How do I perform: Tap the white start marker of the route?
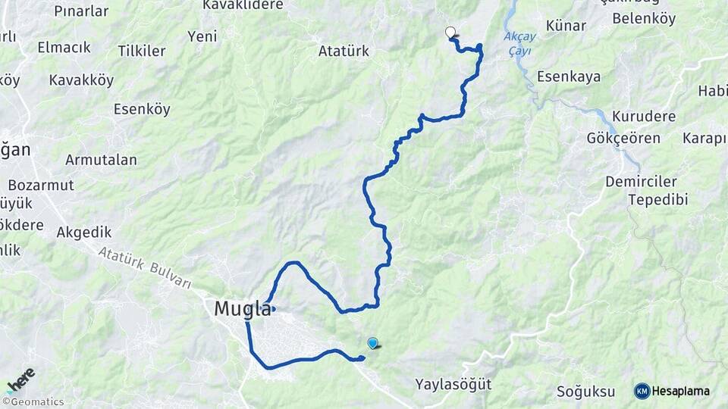click(x=450, y=33)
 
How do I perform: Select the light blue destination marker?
click(x=372, y=343)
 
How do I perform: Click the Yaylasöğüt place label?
click(x=453, y=384)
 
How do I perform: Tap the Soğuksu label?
click(x=586, y=392)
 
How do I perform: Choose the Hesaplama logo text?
click(x=681, y=391)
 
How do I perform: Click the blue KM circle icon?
click(x=642, y=391)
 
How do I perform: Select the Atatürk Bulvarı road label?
click(x=145, y=268)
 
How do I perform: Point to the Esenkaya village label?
click(x=569, y=76)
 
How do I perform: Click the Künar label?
click(x=566, y=26)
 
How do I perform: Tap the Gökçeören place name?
click(x=623, y=139)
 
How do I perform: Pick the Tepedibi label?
click(x=657, y=199)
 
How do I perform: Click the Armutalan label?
click(x=101, y=160)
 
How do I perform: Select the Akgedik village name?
click(x=84, y=233)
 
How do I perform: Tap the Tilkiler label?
click(x=142, y=52)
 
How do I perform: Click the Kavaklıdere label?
click(x=243, y=5)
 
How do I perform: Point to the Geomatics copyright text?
click(x=33, y=401)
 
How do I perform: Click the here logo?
click(x=20, y=378)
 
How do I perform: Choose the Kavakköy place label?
click(x=81, y=80)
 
